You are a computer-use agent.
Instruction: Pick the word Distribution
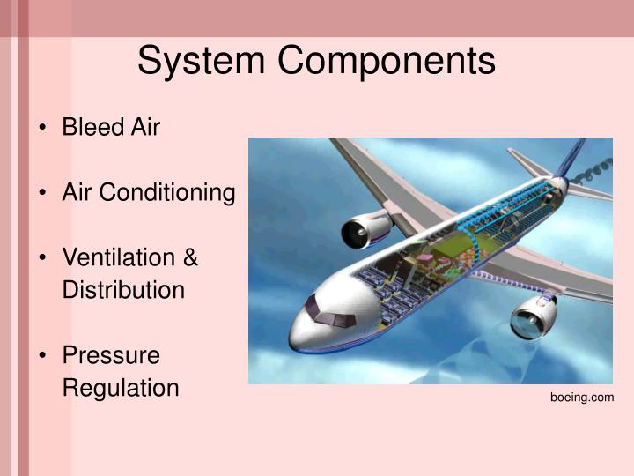123,290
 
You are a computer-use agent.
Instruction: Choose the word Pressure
111,355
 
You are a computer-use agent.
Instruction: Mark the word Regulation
120,387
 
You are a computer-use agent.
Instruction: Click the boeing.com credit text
582,398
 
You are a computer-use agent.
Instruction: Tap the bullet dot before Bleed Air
43,128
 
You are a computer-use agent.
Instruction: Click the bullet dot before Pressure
43,356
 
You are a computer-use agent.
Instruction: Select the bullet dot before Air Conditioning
43,193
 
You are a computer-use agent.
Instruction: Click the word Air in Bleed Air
145,127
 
